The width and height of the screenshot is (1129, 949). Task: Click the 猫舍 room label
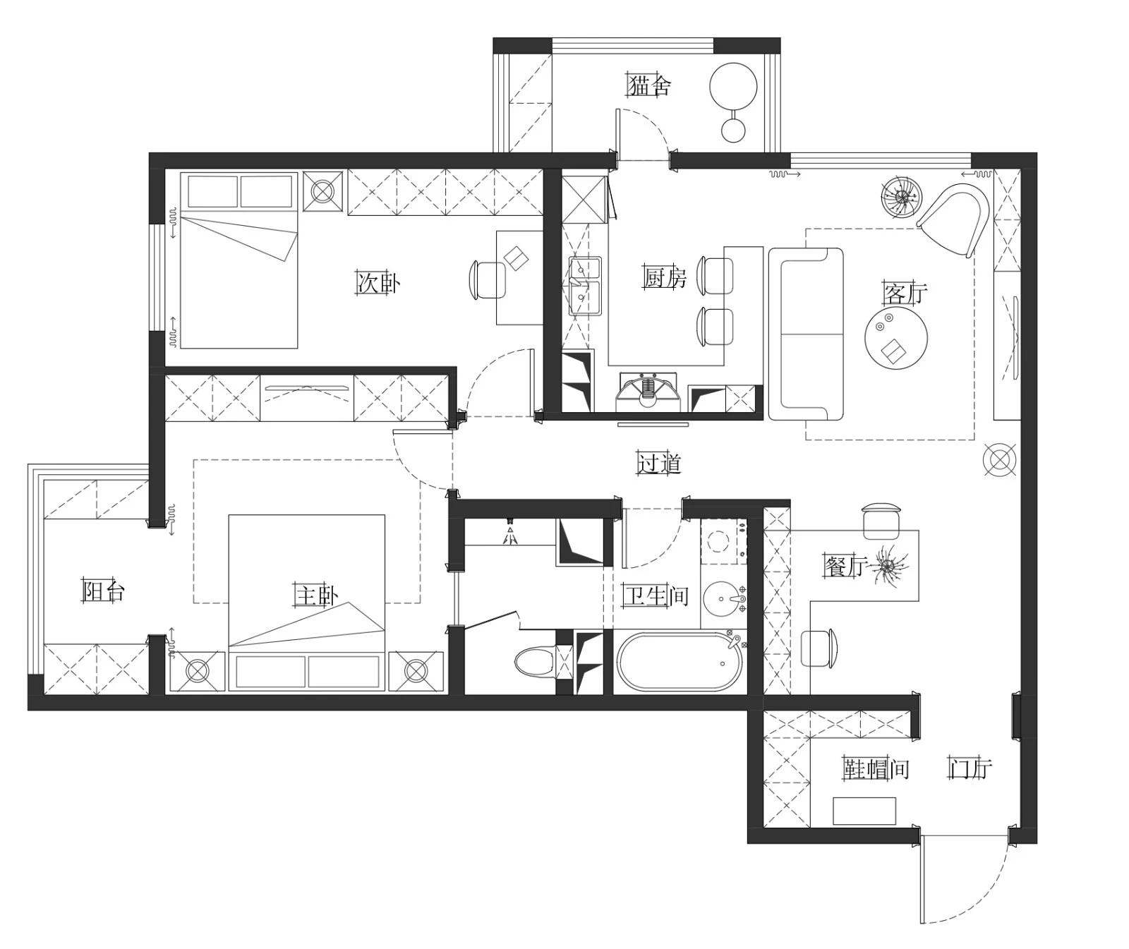pos(649,86)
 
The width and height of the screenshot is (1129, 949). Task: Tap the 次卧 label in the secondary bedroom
pos(378,282)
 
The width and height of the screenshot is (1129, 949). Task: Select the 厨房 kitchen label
pos(664,277)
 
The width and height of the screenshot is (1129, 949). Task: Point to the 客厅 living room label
pos(905,293)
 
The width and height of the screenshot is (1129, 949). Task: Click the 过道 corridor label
pos(659,463)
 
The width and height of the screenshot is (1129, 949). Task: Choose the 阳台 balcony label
pos(103,591)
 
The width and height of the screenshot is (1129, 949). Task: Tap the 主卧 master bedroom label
pos(316,596)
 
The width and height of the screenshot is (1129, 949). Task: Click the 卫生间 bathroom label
pos(656,596)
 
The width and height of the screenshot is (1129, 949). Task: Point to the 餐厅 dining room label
pos(845,565)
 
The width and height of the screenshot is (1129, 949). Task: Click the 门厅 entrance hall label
pos(970,768)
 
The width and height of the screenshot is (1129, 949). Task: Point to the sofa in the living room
pos(806,334)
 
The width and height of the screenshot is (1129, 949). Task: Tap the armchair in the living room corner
pos(953,220)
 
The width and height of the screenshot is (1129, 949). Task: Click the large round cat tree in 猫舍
pos(733,87)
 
